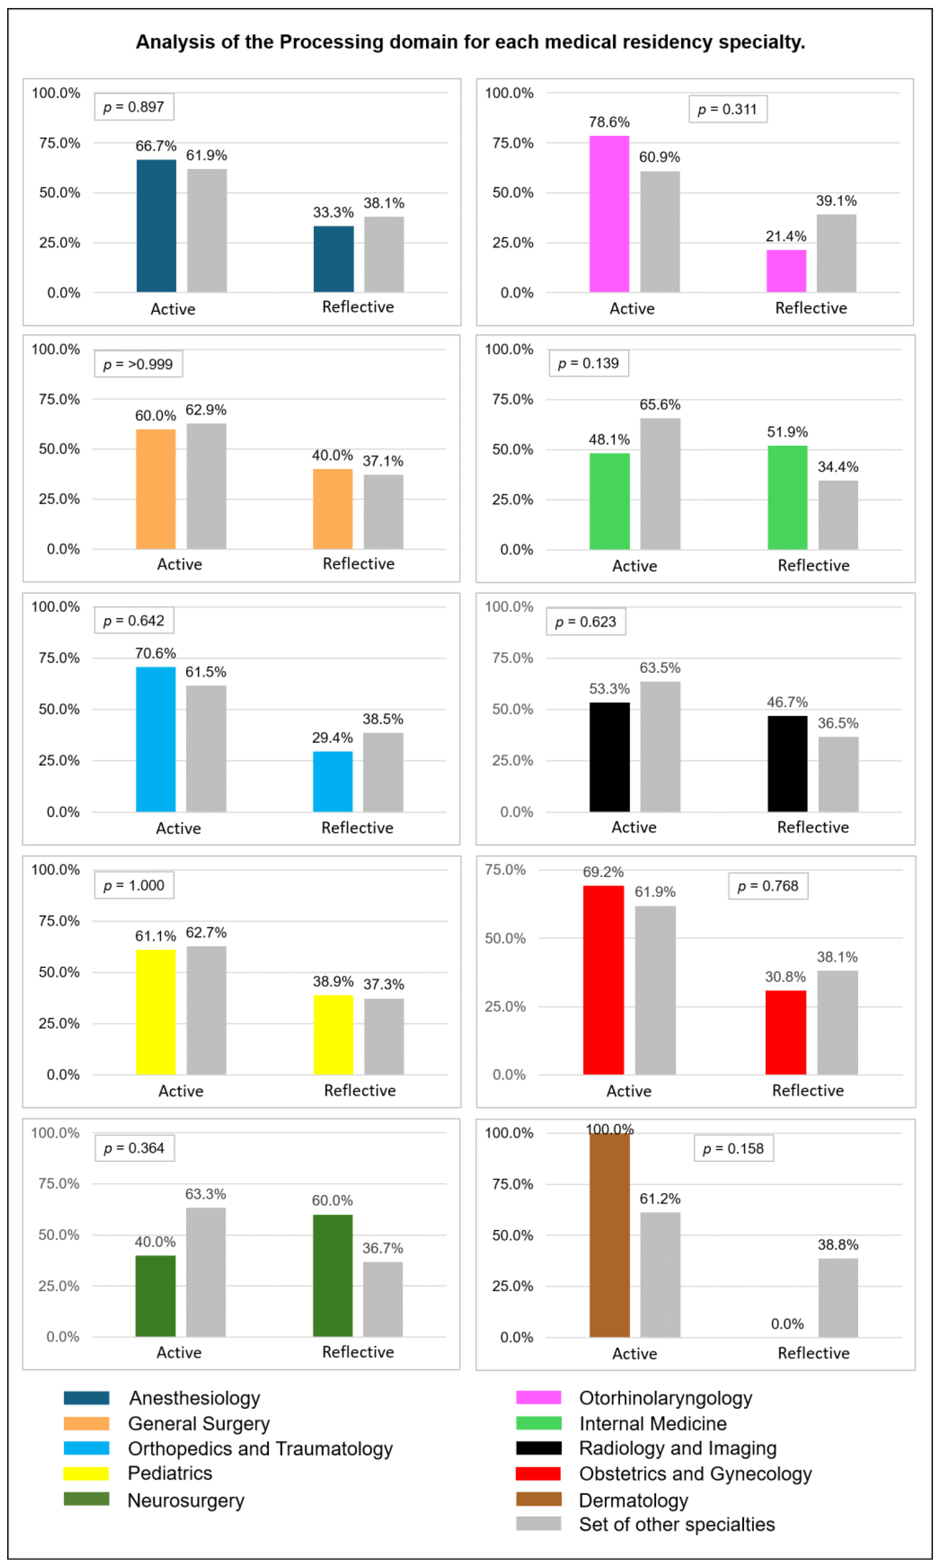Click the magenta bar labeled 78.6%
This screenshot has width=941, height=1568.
click(x=609, y=214)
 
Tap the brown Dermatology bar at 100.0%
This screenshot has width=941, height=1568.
click(x=609, y=1235)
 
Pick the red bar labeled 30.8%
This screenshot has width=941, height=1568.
click(x=786, y=1033)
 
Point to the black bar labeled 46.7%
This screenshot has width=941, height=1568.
click(x=788, y=764)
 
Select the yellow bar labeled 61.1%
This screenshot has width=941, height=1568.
click(x=156, y=1012)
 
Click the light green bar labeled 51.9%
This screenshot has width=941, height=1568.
click(x=788, y=497)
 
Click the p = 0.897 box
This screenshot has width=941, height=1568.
click(x=134, y=107)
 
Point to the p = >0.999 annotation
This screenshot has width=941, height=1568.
click(x=138, y=364)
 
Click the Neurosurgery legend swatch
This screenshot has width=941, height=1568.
click(x=86, y=1499)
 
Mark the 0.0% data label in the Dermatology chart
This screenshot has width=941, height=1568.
click(x=787, y=1324)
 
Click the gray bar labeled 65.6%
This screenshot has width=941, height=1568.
click(x=660, y=484)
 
